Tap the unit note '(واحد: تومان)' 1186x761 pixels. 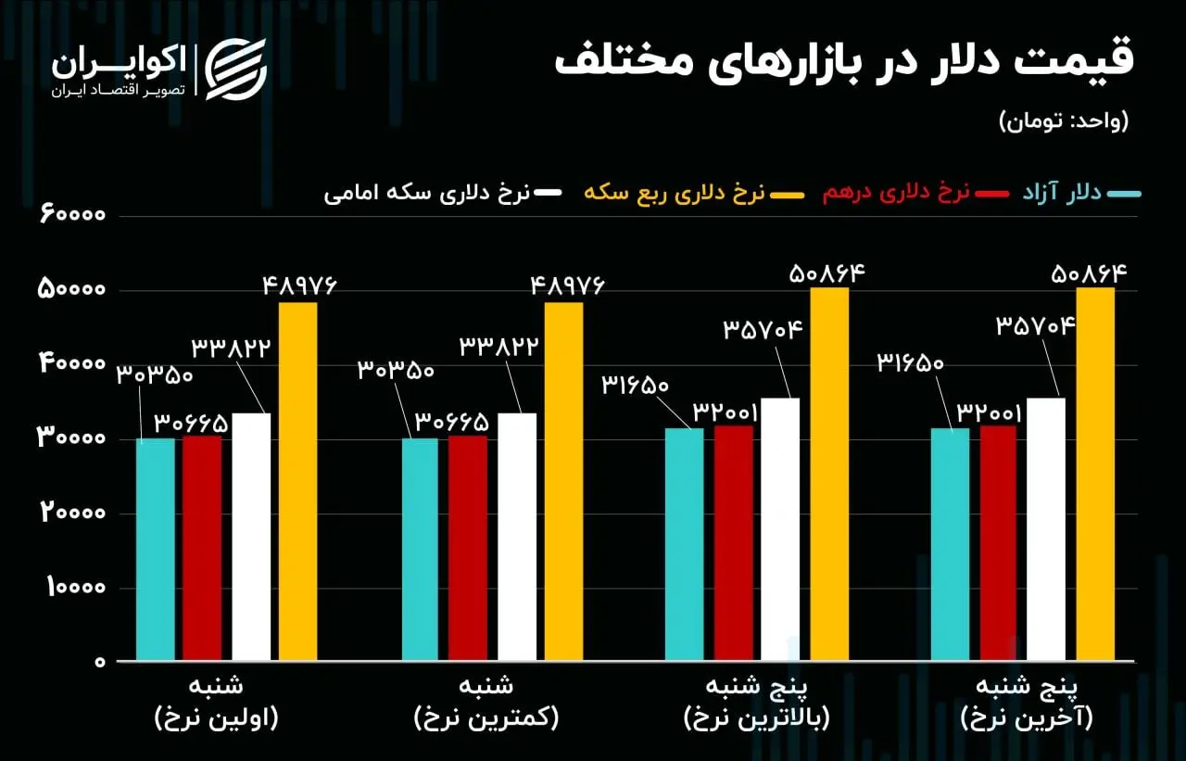pyautogui.click(x=1064, y=120)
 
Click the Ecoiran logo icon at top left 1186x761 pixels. pyautogui.click(x=234, y=69)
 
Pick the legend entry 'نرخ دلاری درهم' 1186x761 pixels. pyautogui.click(x=896, y=193)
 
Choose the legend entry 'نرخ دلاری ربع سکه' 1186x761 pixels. pyautogui.click(x=674, y=193)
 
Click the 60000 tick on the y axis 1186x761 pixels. pyautogui.click(x=73, y=215)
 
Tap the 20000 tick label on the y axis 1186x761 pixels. pyautogui.click(x=73, y=513)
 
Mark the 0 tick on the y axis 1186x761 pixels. pyautogui.click(x=98, y=662)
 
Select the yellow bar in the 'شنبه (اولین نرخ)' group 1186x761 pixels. pyautogui.click(x=297, y=482)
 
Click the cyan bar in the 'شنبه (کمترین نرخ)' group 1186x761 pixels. pyautogui.click(x=420, y=550)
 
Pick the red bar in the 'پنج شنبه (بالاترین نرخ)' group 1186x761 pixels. pyautogui.click(x=734, y=543)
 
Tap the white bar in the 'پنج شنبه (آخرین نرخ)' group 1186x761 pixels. pyautogui.click(x=1046, y=529)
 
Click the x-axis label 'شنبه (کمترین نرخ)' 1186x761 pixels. pyautogui.click(x=486, y=703)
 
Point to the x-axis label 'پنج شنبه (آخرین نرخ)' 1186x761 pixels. pyautogui.click(x=1027, y=703)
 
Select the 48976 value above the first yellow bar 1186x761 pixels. pyautogui.click(x=297, y=285)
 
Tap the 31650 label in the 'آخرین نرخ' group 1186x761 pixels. pyautogui.click(x=909, y=362)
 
